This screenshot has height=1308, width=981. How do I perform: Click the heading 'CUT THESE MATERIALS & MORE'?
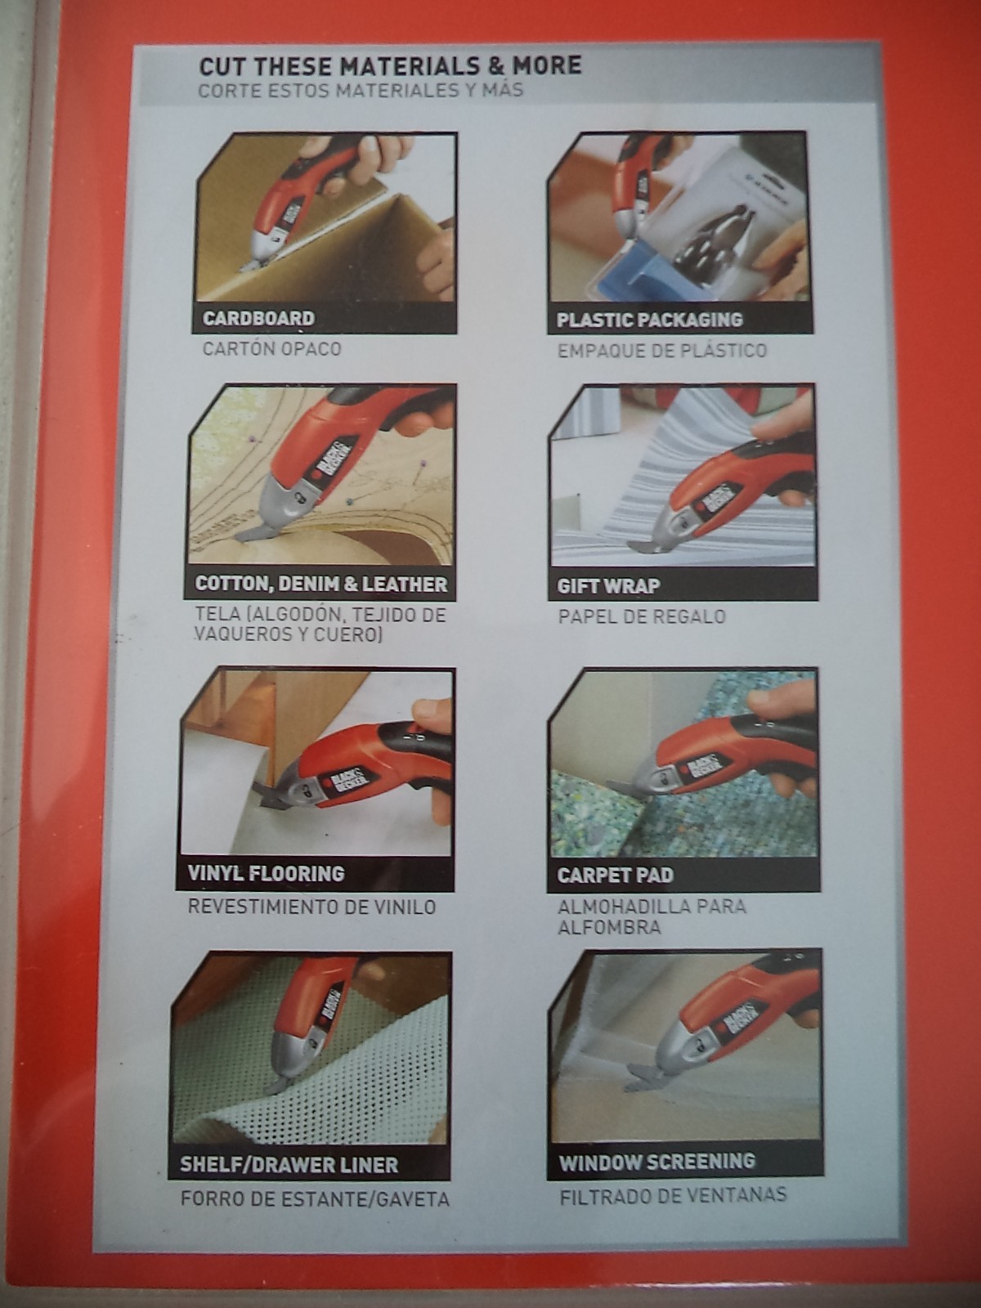(390, 65)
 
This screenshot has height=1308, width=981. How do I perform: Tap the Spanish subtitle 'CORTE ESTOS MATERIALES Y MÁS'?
(361, 91)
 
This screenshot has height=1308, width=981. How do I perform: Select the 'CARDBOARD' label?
(258, 318)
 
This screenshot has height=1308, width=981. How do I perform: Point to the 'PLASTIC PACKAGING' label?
(650, 320)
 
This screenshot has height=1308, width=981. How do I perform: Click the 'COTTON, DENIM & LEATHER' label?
(321, 584)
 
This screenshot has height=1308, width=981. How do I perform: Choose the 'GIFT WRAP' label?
(608, 587)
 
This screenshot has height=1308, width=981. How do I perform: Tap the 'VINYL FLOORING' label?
(266, 874)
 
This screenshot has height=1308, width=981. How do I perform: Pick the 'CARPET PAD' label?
(616, 875)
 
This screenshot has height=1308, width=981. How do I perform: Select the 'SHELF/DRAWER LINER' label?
(289, 1165)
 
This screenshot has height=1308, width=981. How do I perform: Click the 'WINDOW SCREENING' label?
(657, 1162)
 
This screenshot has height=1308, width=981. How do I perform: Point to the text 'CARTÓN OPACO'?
(271, 348)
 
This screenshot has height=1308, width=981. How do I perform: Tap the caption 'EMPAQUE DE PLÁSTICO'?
(661, 351)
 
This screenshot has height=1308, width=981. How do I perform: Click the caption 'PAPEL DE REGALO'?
(642, 616)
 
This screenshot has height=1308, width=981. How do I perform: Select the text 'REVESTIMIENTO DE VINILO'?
(311, 907)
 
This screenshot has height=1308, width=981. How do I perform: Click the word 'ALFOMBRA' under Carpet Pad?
(609, 927)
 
